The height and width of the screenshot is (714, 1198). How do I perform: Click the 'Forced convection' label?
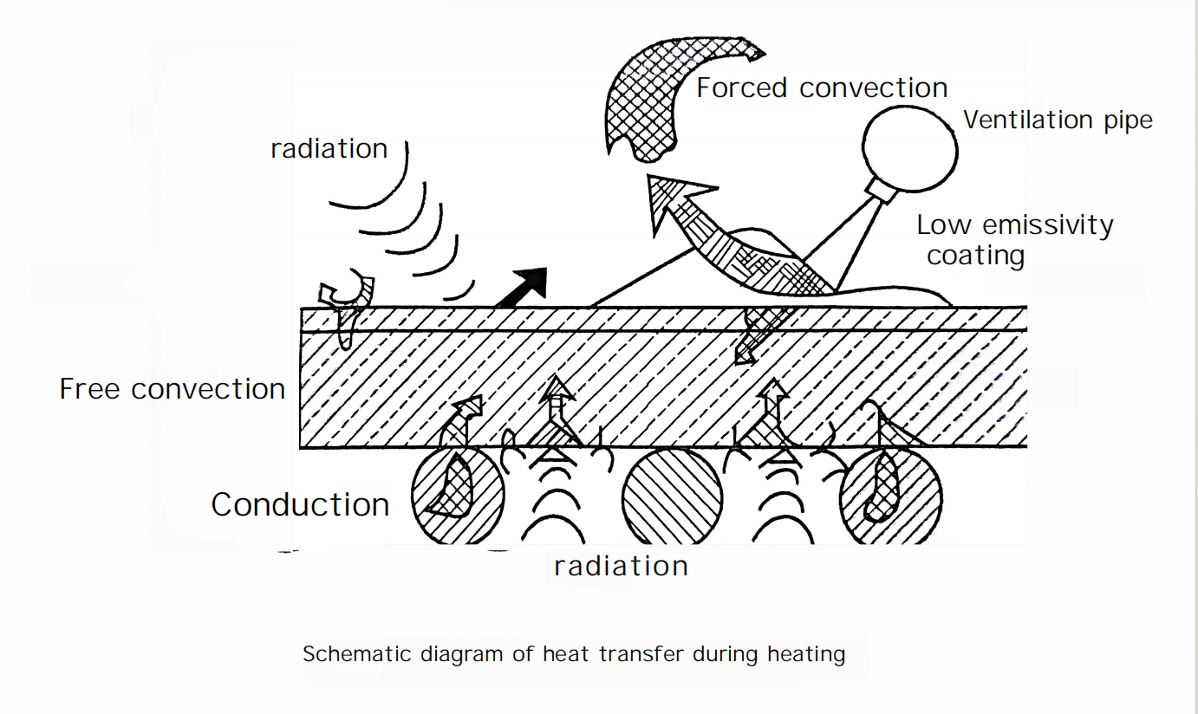[x=822, y=88]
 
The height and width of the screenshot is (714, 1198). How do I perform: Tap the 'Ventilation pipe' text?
[x=1058, y=120]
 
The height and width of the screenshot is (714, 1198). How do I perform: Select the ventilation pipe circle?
[x=909, y=149]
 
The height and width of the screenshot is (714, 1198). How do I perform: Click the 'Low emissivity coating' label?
[x=1014, y=240]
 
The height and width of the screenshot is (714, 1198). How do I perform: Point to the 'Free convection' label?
[x=173, y=388]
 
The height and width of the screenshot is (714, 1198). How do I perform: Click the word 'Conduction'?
[x=300, y=504]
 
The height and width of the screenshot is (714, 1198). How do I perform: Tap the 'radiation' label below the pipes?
[x=621, y=566]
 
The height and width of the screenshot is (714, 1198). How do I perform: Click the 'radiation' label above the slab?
[x=329, y=148]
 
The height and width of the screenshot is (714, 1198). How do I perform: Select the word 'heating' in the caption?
[x=806, y=654]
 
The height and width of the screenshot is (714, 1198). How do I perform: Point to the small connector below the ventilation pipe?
[x=881, y=190]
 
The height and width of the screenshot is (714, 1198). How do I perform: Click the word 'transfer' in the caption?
[x=641, y=654]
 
